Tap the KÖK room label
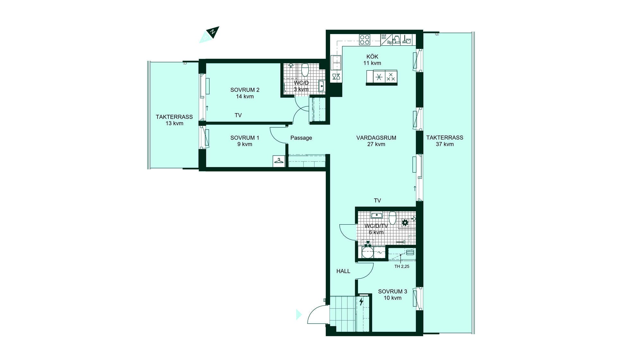click(x=372, y=57)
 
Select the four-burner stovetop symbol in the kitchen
click(x=364, y=40)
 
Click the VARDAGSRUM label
click(x=376, y=138)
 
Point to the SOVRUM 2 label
click(x=245, y=90)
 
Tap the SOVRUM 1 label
click(x=245, y=138)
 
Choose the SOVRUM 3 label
click(x=392, y=292)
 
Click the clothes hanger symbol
click(x=279, y=161)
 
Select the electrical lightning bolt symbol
click(x=361, y=301)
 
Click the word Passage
click(x=301, y=138)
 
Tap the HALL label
click(x=343, y=271)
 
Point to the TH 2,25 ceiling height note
click(x=402, y=266)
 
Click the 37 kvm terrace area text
click(x=445, y=144)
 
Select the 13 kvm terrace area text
click(x=174, y=123)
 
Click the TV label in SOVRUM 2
click(x=238, y=115)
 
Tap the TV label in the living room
click(x=377, y=201)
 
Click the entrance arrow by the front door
click(x=299, y=315)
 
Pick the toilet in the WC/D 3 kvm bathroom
click(x=305, y=69)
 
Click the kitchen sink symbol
click(x=336, y=63)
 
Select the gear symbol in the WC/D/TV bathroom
click(x=405, y=222)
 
